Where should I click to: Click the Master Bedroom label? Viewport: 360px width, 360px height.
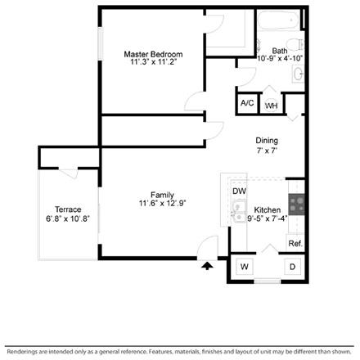click(151, 54)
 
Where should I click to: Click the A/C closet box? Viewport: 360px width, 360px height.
click(246, 104)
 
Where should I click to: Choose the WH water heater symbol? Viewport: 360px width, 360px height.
click(271, 106)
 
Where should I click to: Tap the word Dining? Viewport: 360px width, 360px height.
click(268, 140)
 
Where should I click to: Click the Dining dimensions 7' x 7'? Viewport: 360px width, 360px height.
click(268, 151)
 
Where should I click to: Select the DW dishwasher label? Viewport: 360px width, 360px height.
click(239, 191)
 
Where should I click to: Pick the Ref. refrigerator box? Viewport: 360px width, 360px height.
click(295, 244)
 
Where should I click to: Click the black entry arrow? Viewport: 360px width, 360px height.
click(208, 264)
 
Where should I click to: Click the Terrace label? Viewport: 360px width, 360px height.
click(68, 209)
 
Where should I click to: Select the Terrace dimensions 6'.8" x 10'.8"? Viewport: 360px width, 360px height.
click(68, 218)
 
